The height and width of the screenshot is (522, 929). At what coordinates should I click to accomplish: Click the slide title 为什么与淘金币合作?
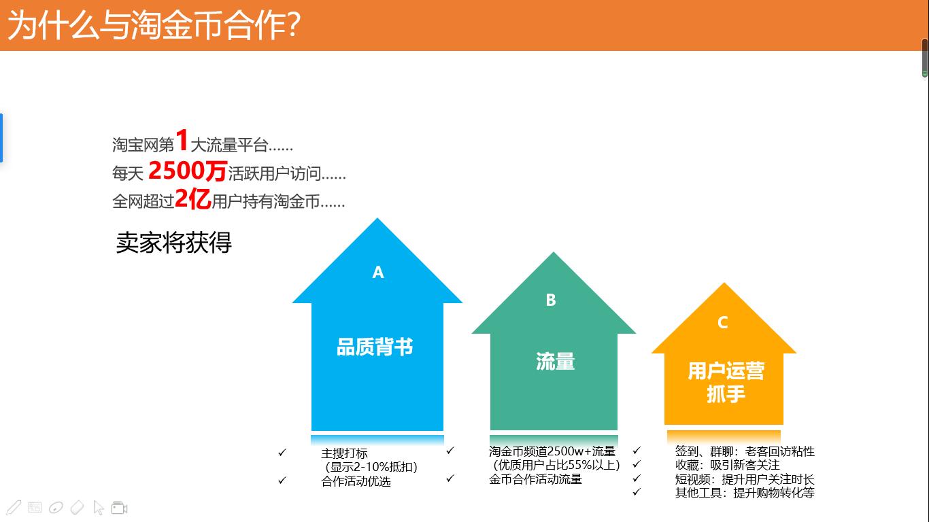(154, 26)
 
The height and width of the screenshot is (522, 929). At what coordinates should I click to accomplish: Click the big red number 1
(182, 141)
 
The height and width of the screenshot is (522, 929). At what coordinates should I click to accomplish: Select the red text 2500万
(187, 171)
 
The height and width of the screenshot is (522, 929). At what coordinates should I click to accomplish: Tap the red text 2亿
(192, 199)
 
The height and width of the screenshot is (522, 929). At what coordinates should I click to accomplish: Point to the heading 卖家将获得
(173, 243)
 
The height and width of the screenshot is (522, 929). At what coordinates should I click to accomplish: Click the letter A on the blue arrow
(378, 273)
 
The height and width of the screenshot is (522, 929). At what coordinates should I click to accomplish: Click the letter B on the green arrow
(551, 300)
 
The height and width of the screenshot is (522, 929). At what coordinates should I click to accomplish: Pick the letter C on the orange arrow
(723, 323)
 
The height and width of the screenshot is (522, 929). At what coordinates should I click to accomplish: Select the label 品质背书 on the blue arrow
(375, 347)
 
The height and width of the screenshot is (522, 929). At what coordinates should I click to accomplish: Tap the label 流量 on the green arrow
(555, 362)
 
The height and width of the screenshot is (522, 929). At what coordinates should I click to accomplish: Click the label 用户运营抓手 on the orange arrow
(726, 382)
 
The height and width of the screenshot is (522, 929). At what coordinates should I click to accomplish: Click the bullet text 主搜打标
(344, 453)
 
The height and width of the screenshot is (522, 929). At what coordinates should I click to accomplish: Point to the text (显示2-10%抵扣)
(371, 467)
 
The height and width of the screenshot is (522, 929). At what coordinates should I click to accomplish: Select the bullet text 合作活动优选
(356, 481)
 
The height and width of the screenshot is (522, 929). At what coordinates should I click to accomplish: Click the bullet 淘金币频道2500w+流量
(552, 451)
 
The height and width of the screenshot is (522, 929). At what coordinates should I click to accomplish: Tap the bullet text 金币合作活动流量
(535, 479)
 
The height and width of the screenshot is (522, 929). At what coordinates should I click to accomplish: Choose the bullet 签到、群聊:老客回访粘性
(744, 451)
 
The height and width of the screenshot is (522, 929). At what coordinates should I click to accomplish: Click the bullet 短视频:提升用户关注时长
(744, 479)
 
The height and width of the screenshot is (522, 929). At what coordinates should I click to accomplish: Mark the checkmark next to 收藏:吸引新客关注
(637, 464)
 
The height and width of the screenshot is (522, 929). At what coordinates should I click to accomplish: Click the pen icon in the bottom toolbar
(14, 507)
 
